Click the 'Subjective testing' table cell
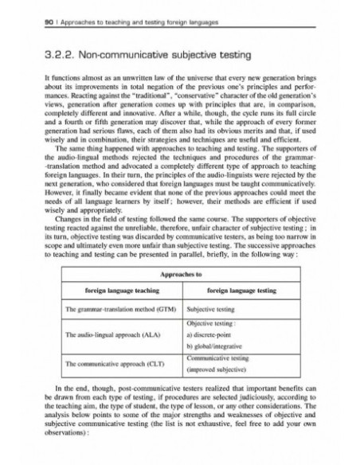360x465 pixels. click(211, 308)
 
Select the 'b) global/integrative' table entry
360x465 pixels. click(216, 350)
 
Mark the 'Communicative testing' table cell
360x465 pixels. click(219, 360)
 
